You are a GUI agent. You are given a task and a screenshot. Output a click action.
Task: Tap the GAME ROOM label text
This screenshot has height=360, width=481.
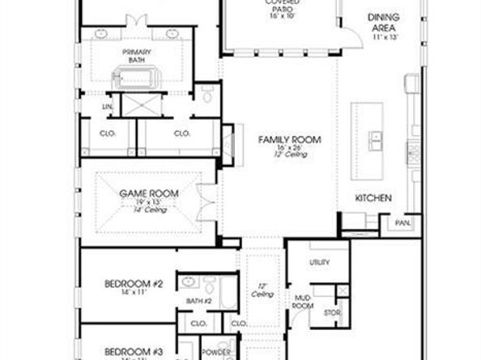(x=148, y=193)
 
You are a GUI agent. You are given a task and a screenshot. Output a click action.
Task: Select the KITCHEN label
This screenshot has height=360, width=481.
(x=373, y=198)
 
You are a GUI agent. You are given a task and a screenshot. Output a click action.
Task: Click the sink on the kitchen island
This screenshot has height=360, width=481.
(x=375, y=141)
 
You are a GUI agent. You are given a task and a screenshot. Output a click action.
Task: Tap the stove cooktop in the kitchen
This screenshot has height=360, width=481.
(x=412, y=151)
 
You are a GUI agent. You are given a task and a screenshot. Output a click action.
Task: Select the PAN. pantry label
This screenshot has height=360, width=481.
(x=402, y=222)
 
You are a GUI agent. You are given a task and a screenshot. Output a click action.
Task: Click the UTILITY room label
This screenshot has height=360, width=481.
(x=319, y=263)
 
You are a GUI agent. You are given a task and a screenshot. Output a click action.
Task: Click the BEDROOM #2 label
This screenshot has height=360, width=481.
(x=134, y=284)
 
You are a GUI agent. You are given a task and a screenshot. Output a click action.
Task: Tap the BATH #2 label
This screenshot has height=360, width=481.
(x=198, y=301)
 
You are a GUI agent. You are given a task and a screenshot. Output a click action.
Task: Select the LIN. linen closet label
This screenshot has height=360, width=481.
(x=107, y=107)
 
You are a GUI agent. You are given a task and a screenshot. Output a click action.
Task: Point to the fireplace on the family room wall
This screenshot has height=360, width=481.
(x=228, y=146)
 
